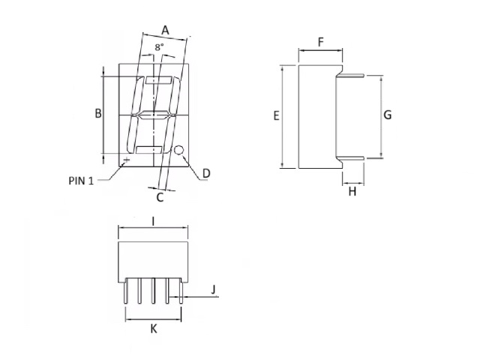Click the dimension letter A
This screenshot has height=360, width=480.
tap(165, 30)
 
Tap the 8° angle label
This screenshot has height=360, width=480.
tap(159, 47)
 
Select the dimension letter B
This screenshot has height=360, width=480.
tap(98, 113)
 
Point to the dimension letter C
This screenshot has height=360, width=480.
tap(160, 197)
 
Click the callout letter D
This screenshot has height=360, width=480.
tap(207, 173)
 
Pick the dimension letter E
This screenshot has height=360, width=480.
tap(277, 115)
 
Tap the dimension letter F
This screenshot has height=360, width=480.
tap(321, 42)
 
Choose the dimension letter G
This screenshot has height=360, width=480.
tap(388, 115)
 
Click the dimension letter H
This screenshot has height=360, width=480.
tap(352, 192)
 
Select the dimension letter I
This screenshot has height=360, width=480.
tap(153, 221)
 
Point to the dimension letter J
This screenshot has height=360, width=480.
tap(214, 289)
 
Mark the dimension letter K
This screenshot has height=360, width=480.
tap(154, 329)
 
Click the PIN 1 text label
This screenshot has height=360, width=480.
tap(81, 181)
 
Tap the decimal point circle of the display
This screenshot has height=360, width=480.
tap(178, 150)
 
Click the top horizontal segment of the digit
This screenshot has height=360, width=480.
tap(158, 80)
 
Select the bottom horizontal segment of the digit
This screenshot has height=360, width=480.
tap(149, 150)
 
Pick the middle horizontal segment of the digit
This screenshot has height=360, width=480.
tap(154, 115)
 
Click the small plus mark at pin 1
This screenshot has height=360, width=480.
tap(127, 160)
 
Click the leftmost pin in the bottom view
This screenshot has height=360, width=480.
tap(125, 291)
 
